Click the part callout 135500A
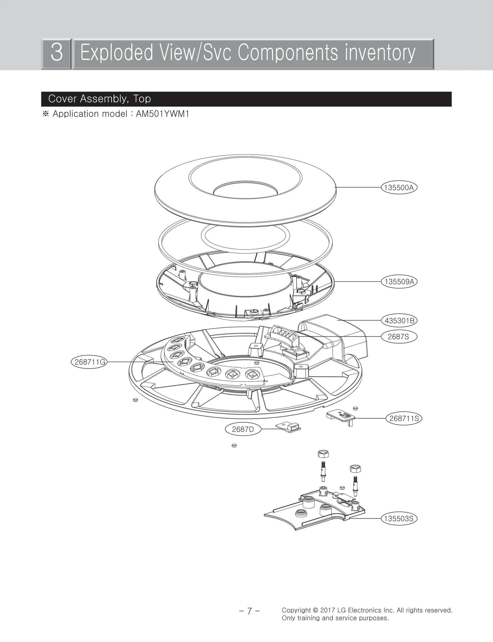pyautogui.click(x=399, y=188)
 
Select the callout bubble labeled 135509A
pyautogui.click(x=399, y=282)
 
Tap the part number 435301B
pyautogui.click(x=399, y=321)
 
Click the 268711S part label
pyautogui.click(x=404, y=418)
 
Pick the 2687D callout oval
pyautogui.click(x=243, y=429)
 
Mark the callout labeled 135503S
pyautogui.click(x=399, y=518)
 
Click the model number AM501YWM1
pyautogui.click(x=162, y=114)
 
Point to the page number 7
pyautogui.click(x=250, y=611)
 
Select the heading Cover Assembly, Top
pyautogui.click(x=100, y=99)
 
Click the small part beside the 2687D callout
pyautogui.click(x=289, y=427)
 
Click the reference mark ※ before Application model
pyautogui.click(x=46, y=114)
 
